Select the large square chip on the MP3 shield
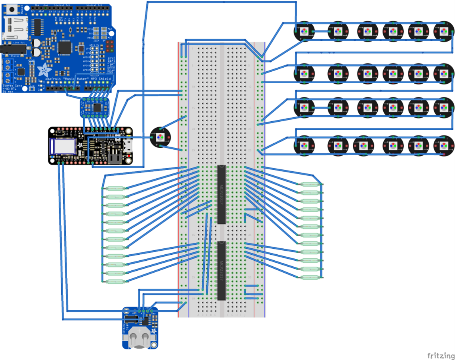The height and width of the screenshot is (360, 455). (x=65, y=48)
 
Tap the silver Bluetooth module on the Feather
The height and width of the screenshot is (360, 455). (x=63, y=145)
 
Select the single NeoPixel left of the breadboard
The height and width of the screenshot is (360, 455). (x=160, y=137)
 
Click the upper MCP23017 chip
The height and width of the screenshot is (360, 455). (x=222, y=194)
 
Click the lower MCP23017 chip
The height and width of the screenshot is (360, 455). (x=222, y=270)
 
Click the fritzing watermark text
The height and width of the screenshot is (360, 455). (x=440, y=355)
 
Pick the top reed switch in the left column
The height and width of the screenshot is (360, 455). (x=115, y=188)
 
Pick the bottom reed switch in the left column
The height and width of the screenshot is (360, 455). (x=115, y=282)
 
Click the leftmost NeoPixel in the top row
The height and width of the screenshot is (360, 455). (x=304, y=31)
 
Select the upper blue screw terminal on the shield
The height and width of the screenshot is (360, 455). (x=8, y=65)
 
